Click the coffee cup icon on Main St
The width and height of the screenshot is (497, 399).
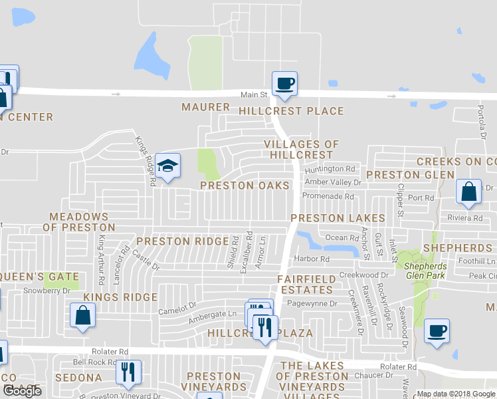pos(285,83)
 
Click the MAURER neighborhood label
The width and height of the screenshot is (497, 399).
pos(205,107)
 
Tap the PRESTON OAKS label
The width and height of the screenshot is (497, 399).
pos(245,186)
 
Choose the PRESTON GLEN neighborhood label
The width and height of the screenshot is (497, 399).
pos(410,175)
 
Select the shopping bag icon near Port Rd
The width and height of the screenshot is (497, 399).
pos(468,192)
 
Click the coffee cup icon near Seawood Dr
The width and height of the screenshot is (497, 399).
pos(437,331)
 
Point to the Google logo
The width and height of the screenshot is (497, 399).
pos(22,390)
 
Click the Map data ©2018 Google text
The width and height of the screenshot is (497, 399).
pos(456,394)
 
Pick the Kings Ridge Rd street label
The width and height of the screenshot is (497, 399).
pos(146,160)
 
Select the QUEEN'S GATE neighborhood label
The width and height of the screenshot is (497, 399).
pos(39,277)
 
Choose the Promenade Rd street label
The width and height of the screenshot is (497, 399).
pos(328,196)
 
